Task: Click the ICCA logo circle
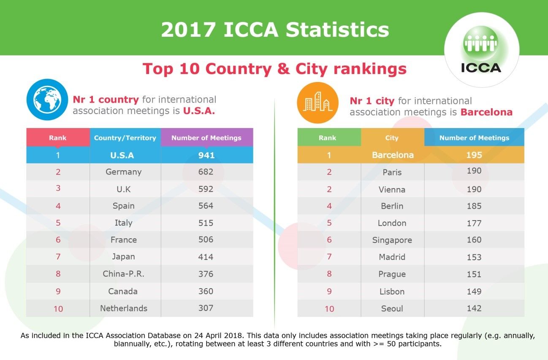tap(481, 49)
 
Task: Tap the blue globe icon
tap(47, 100)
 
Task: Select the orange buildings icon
tap(318, 103)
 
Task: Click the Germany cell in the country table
tap(124, 172)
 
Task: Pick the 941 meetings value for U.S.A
tap(206, 155)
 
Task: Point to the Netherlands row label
tap(124, 308)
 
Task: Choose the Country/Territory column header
tap(125, 138)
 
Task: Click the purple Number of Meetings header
tap(206, 138)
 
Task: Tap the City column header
tap(392, 138)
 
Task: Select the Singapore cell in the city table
tap(392, 240)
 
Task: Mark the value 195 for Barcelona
tap(474, 155)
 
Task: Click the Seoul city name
tap(392, 308)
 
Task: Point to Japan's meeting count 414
tap(206, 257)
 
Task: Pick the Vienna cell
tap(392, 190)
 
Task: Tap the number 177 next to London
tap(474, 223)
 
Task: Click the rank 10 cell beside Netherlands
tap(58, 309)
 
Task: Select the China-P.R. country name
tap(124, 274)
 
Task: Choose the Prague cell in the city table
tap(392, 274)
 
